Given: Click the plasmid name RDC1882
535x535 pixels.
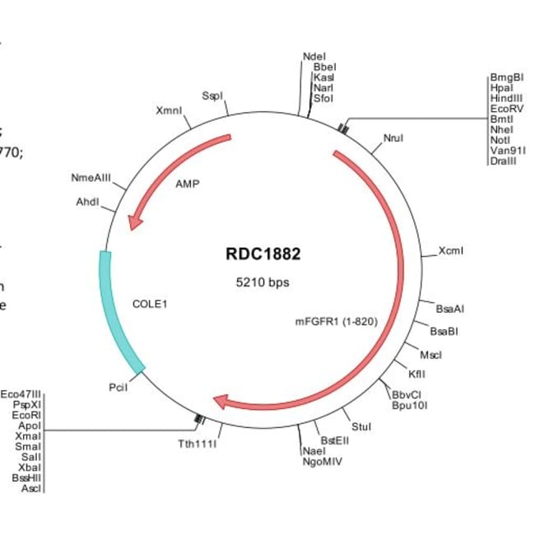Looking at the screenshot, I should tap(263, 254).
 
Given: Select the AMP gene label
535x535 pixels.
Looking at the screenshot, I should tap(188, 184).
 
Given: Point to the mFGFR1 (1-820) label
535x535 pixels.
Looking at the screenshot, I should tap(337, 321).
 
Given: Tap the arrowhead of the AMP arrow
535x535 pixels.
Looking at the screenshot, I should tap(134, 220).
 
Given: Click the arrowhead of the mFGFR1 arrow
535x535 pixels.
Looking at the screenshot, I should tap(221, 402).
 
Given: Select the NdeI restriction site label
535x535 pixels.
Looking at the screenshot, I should tap(314, 57).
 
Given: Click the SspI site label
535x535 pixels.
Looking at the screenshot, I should tap(212, 96).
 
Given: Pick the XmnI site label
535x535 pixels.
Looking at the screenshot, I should tap(167, 110).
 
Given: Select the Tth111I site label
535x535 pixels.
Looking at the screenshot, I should tap(198, 444).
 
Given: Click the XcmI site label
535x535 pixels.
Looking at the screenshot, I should tap(451, 250).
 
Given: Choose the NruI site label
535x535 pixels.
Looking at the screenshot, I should tap(393, 138).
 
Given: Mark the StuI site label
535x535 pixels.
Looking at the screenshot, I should tap(361, 426).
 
